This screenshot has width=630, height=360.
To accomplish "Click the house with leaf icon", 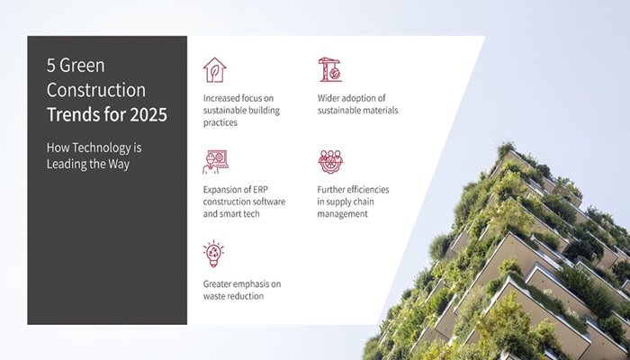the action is (x=214, y=70).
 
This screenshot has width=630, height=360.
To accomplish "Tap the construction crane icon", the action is (x=330, y=69).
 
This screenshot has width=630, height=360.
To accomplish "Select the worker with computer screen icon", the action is (x=215, y=162).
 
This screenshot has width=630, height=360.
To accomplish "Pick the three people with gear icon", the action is (x=330, y=161).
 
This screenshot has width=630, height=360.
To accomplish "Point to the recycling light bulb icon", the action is (x=214, y=254).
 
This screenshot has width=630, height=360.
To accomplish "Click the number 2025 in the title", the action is (x=148, y=114).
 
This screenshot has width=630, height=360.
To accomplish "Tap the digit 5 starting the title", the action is (x=50, y=66).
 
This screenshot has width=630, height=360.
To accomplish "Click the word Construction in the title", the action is (x=96, y=90).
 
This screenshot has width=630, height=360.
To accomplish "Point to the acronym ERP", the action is (x=260, y=190).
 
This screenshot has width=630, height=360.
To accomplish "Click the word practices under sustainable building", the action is (x=220, y=123).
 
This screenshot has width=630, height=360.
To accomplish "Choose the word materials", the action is (x=380, y=111).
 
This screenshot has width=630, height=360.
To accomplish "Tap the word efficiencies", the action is (x=367, y=190).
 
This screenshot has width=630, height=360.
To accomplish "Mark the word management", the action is (x=342, y=214).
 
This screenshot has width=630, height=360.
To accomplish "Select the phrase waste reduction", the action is (x=233, y=296).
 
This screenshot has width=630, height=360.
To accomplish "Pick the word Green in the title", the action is (x=83, y=66).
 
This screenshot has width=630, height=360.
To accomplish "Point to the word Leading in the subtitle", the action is (x=63, y=165).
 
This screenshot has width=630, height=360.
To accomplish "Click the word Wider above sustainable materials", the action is (x=328, y=98).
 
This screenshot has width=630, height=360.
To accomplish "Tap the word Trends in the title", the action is (x=71, y=114).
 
